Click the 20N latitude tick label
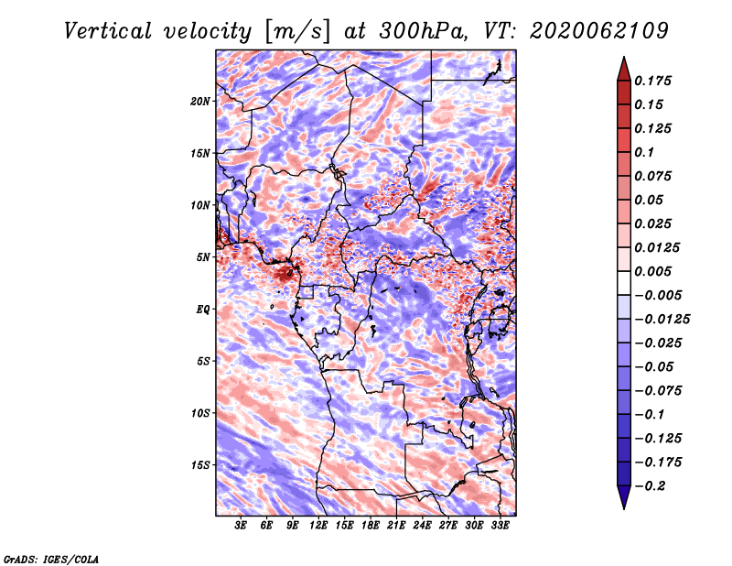199,102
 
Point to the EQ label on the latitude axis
202,310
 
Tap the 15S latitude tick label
199,465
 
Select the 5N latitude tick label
203,257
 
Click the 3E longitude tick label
241,526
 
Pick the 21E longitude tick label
396,526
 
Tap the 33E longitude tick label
500,526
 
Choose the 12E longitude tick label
318,526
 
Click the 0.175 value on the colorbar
653,81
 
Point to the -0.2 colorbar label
650,486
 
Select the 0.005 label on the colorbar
653,271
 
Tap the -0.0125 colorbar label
662,320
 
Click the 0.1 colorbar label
645,152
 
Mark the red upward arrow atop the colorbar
624,69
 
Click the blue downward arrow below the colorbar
624,497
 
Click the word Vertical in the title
108,31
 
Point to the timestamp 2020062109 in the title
599,31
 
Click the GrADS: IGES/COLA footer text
51,560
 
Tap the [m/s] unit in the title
297,32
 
